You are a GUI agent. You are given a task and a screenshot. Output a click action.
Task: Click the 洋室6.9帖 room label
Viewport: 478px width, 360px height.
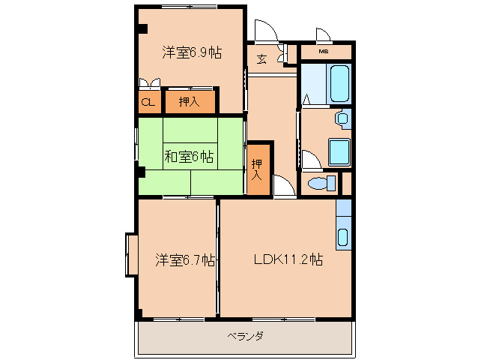(x=191, y=52)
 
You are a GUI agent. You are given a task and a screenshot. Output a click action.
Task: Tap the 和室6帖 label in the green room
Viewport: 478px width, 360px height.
(x=189, y=157)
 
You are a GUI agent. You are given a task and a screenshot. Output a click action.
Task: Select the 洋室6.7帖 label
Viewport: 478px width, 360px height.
(x=185, y=260)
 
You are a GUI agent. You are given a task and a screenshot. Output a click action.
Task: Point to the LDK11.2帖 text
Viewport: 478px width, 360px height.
(x=288, y=260)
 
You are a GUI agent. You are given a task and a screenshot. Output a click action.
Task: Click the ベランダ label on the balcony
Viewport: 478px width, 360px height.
(x=245, y=336)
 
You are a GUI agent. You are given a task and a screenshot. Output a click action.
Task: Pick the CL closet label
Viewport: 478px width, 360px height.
(x=148, y=101)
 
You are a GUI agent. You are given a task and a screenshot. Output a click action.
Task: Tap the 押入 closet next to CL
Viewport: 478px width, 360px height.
(x=189, y=101)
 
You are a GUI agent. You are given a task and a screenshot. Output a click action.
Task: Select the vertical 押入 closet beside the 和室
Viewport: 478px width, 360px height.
(x=256, y=169)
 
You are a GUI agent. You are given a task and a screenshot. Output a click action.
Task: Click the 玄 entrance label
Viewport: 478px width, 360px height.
(x=263, y=59)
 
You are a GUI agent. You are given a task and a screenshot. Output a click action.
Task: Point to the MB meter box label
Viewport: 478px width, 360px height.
(x=324, y=52)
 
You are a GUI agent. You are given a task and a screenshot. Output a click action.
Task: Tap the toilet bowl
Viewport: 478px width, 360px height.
(x=321, y=184)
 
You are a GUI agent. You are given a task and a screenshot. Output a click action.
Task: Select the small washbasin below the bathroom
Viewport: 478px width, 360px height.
(x=343, y=118)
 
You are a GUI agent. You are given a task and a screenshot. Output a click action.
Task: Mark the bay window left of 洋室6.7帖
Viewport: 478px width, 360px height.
(x=131, y=255)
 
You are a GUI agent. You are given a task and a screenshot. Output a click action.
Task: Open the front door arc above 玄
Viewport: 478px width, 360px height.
(x=264, y=32)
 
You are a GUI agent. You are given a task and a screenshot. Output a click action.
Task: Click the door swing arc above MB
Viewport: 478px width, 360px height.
(x=324, y=35)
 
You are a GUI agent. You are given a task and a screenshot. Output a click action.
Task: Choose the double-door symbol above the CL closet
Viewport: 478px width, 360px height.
(x=148, y=83)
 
